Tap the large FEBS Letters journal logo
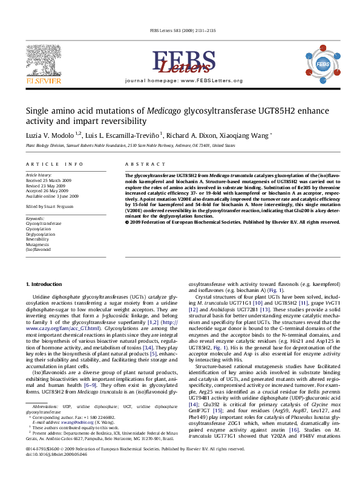[180, 63]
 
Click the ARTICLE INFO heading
[54, 164]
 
